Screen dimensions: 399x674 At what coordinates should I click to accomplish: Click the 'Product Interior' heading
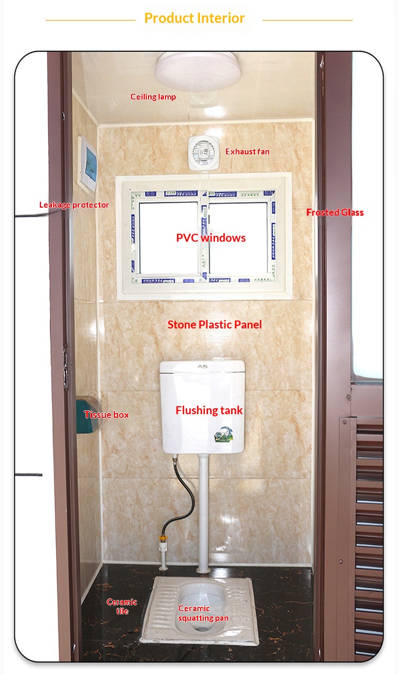pos(194,18)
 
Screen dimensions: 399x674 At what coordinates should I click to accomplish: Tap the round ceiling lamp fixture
pos(198,72)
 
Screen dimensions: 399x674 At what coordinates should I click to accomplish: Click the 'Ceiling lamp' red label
pos(153,97)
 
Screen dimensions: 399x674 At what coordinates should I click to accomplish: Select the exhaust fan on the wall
pos(203,152)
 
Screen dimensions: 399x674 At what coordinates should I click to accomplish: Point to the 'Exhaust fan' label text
pos(247,152)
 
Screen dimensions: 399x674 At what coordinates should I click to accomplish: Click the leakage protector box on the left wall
pos(88,164)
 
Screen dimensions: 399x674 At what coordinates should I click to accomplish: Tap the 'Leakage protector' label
pos(74,205)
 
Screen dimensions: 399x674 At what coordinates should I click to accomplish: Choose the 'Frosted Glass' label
pos(335,212)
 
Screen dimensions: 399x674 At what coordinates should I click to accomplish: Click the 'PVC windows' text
pos(211,238)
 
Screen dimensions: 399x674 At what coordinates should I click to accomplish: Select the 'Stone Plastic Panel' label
pos(214,325)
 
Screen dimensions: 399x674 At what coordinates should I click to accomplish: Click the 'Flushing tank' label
pos(209,410)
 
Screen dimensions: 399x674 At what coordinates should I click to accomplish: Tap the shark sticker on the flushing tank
pos(224,434)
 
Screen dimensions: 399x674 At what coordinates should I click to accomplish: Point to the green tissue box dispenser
pos(88,415)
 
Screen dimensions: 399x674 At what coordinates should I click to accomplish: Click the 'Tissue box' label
pos(106,415)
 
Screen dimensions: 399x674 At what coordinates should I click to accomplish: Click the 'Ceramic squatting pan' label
pos(203,613)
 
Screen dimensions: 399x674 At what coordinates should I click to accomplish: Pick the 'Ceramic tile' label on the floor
pos(122,606)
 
